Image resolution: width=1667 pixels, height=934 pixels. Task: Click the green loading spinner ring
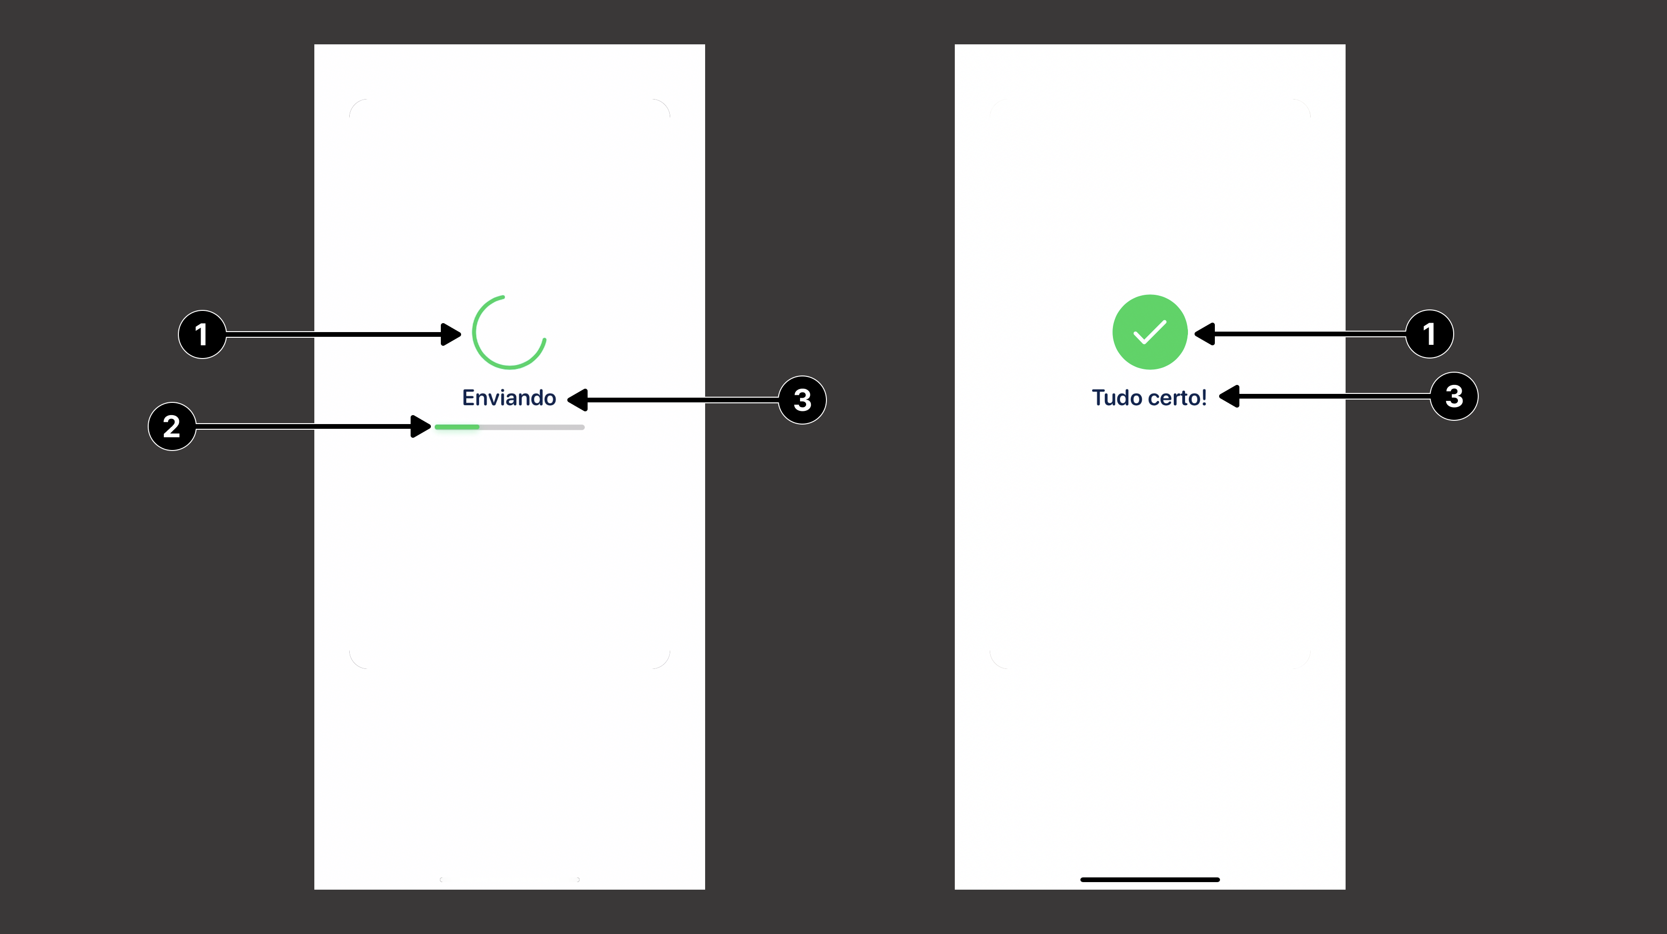[x=509, y=333]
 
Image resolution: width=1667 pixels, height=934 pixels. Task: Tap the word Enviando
[x=509, y=398]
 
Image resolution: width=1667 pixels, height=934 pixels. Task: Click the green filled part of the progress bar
[x=457, y=427]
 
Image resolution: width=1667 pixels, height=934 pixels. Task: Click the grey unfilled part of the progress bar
[x=532, y=427]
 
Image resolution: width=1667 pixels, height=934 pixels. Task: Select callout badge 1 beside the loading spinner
[x=202, y=334]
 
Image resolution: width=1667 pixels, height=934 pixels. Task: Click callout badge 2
[x=171, y=426]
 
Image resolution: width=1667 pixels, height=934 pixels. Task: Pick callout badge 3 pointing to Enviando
[x=802, y=400]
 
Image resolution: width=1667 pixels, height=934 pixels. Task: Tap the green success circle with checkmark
[x=1150, y=333]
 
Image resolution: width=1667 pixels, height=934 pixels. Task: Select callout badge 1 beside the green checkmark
[x=1430, y=334]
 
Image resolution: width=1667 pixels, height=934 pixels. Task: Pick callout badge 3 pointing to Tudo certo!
[x=1454, y=396]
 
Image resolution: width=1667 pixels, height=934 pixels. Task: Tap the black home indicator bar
[x=1150, y=880]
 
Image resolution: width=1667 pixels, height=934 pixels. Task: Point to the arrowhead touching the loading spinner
[x=452, y=334]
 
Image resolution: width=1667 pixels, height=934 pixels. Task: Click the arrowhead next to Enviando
[x=577, y=400]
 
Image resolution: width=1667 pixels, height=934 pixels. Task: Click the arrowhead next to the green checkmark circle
[x=1204, y=334]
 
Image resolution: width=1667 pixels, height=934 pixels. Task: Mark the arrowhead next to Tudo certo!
[x=1229, y=396]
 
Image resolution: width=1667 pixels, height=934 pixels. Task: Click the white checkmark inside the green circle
[x=1150, y=333]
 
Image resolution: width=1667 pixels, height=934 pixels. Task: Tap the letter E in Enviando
[x=469, y=398]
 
